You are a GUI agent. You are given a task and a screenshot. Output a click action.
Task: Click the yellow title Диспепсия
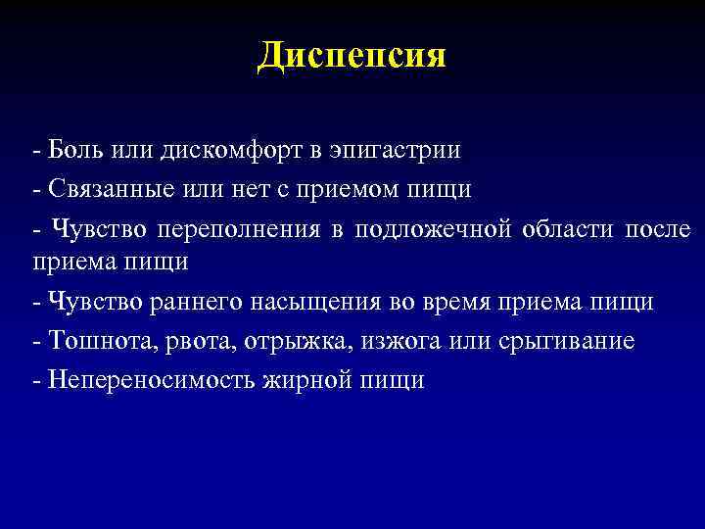[x=352, y=55]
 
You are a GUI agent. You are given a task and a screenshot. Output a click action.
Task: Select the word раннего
[x=197, y=302]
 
